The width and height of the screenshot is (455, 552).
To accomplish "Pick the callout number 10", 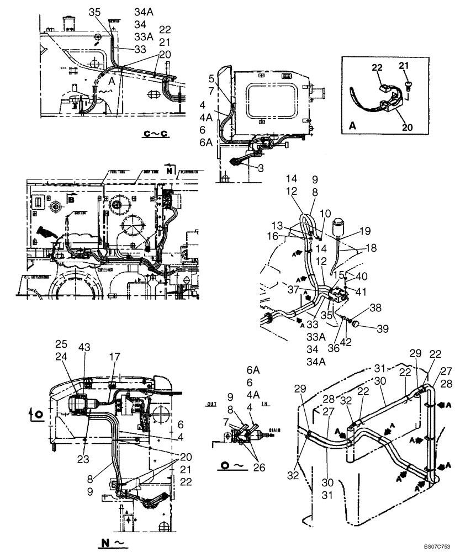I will tap(325, 213).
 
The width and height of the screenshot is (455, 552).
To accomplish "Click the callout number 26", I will tap(258, 467).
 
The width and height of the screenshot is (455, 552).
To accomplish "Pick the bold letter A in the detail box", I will tap(352, 126).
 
